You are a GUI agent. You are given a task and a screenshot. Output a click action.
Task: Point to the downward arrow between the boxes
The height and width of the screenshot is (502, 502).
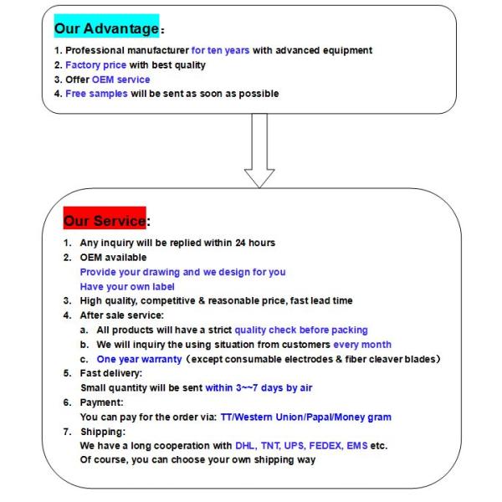pyautogui.click(x=259, y=151)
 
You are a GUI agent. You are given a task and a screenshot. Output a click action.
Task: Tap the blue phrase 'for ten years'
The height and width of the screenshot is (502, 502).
pyautogui.click(x=220, y=50)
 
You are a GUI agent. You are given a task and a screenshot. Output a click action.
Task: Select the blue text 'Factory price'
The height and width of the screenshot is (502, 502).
pyautogui.click(x=95, y=64)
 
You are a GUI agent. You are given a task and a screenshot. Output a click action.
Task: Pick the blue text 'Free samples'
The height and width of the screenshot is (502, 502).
pyautogui.click(x=96, y=93)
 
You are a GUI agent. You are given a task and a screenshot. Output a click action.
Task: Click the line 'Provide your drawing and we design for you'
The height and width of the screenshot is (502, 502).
pyautogui.click(x=182, y=272)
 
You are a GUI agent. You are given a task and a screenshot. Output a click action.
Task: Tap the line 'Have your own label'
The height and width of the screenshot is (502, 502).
pyautogui.click(x=127, y=286)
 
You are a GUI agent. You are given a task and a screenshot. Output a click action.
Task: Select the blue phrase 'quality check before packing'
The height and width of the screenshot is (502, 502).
pyautogui.click(x=301, y=330)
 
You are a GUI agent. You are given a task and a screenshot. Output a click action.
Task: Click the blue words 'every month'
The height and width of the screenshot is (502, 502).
pyautogui.click(x=362, y=344)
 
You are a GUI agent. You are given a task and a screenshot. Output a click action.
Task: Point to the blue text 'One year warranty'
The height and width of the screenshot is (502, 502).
pyautogui.click(x=139, y=359)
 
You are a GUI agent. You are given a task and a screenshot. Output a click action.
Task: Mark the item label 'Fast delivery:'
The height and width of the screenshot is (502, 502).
pyautogui.click(x=111, y=373)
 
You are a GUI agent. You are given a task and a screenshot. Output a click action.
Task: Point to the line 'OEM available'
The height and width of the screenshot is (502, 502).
pyautogui.click(x=113, y=258)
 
